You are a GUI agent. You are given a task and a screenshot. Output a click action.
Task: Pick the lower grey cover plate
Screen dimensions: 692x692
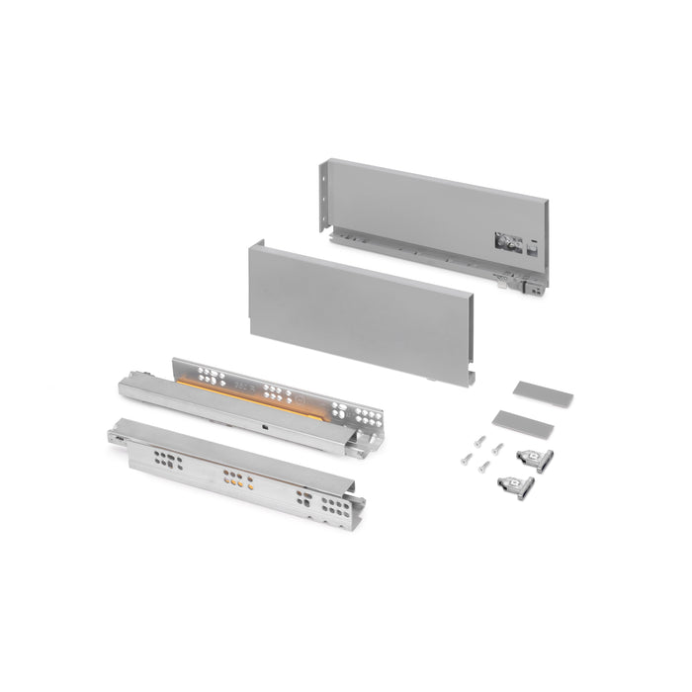[x=523, y=422]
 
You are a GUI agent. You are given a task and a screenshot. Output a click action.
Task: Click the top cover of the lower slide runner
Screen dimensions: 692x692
[x=227, y=451]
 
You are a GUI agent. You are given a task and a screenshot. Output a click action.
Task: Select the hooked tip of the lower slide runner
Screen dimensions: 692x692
[x=116, y=432]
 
